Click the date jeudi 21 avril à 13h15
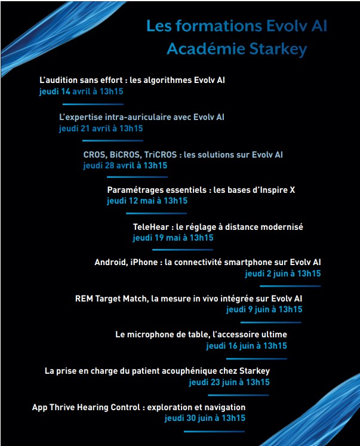(x=101, y=128)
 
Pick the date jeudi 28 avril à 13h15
(x=125, y=165)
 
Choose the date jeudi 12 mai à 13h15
(x=147, y=201)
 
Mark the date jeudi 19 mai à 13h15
(x=173, y=238)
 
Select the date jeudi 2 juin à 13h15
(x=282, y=273)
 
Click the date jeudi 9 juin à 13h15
(x=264, y=309)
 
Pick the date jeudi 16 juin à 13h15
(x=246, y=346)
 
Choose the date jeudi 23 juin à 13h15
(x=229, y=382)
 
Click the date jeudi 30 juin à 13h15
(x=205, y=418)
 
